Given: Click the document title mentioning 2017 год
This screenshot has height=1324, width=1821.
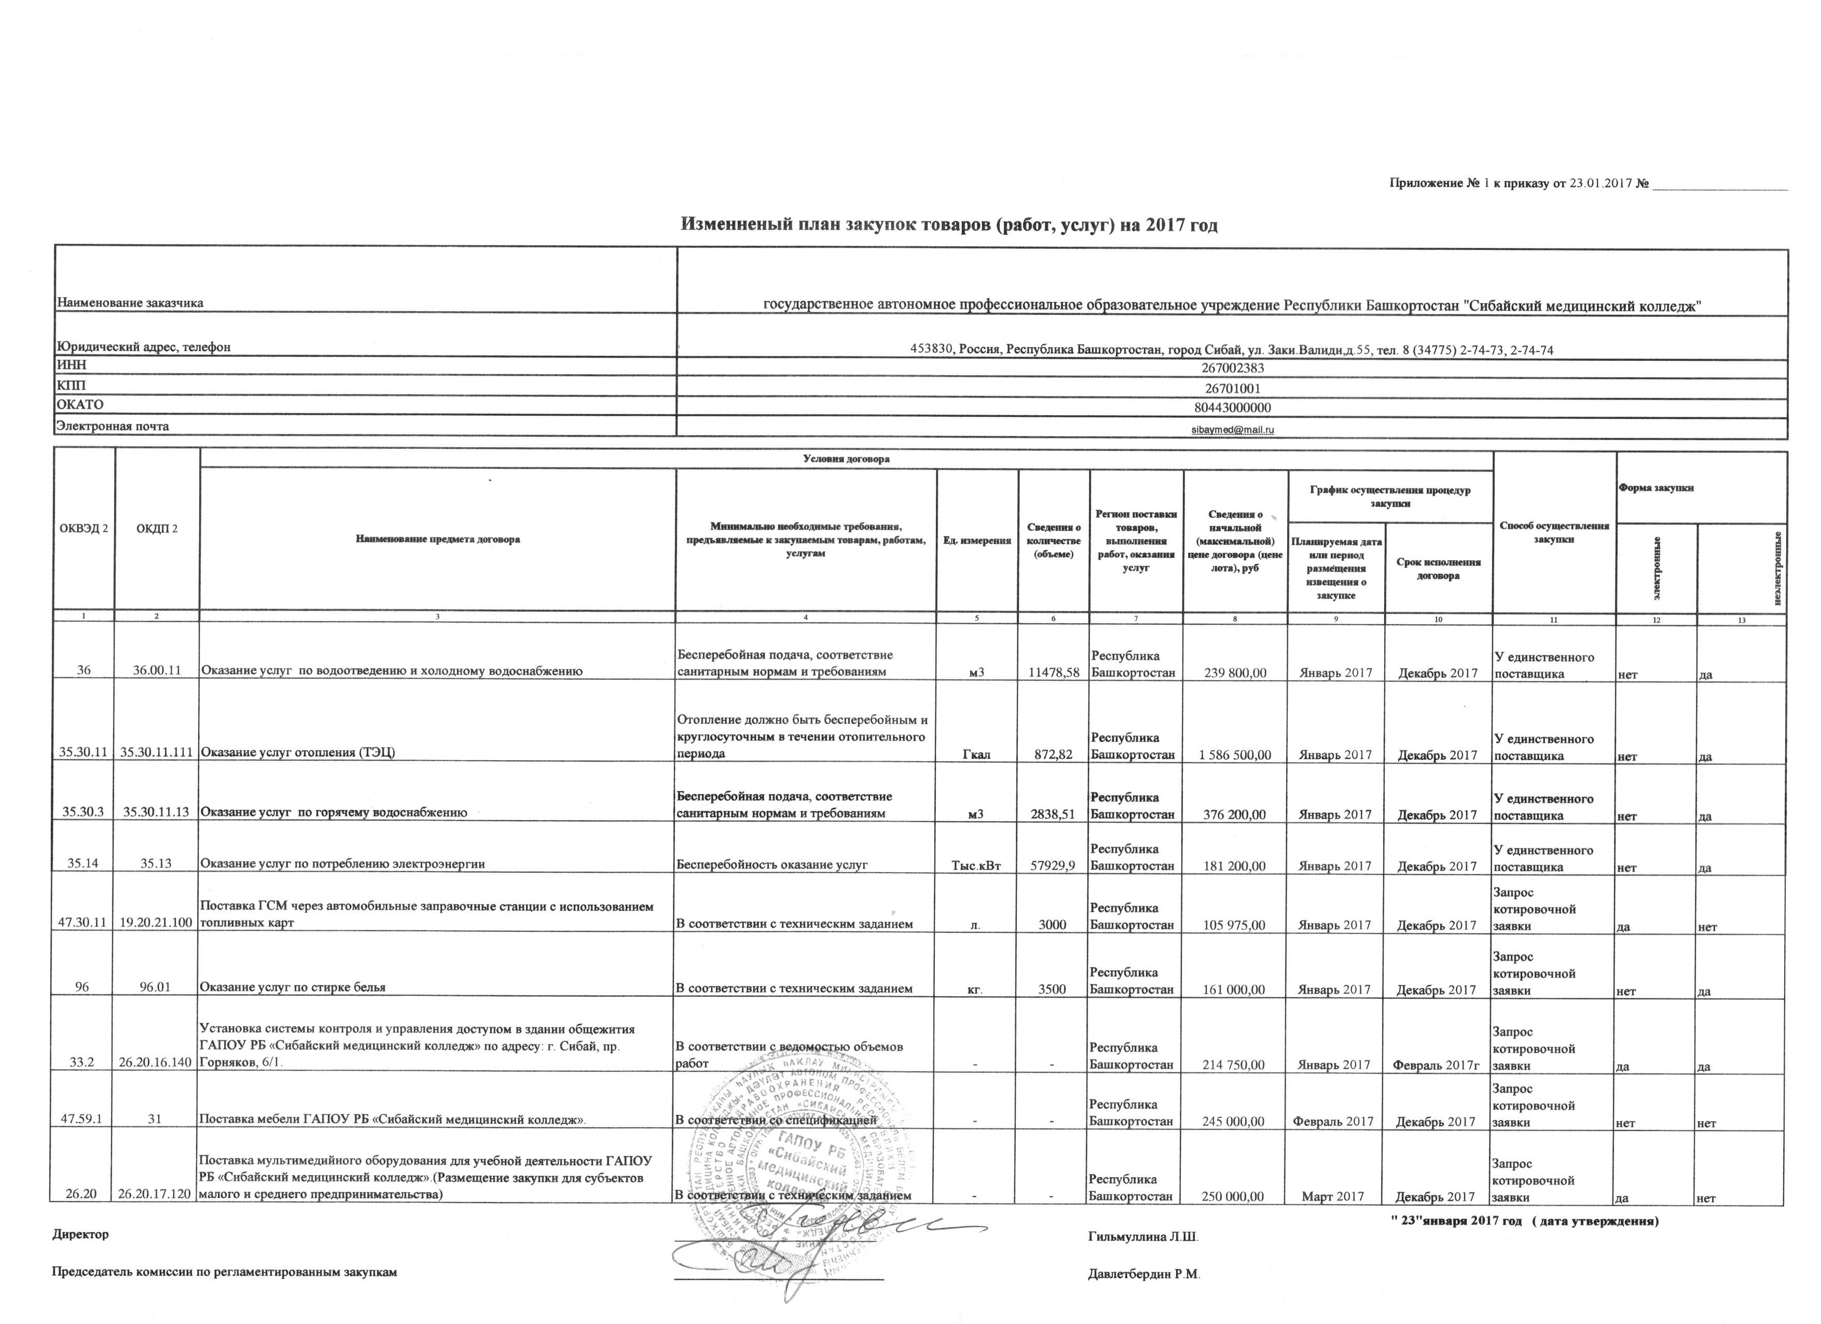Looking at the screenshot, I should pos(949,225).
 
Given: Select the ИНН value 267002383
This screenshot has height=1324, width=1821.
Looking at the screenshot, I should pos(1232,368).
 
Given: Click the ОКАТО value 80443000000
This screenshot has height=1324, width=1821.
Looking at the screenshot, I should pos(1232,407).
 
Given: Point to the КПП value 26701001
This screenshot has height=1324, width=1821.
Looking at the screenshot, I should pos(1232,387).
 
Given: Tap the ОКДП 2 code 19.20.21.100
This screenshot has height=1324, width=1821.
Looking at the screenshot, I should pos(157,924).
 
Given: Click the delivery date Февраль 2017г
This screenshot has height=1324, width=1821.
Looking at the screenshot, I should pos(1438,1066).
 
